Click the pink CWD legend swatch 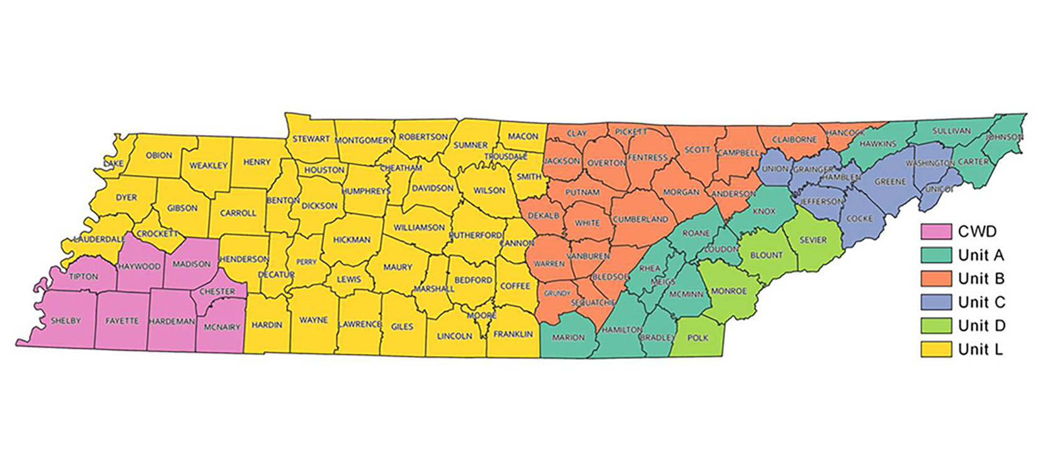[x=936, y=231]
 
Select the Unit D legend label [x=981, y=325]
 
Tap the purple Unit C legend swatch [x=936, y=302]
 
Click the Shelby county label [x=66, y=320]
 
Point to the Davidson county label [x=432, y=188]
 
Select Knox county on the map [x=763, y=211]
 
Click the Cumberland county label [x=640, y=219]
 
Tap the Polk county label [x=698, y=338]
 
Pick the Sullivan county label [x=951, y=131]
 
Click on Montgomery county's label [x=364, y=140]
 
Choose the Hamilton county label [x=621, y=329]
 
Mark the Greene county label [x=890, y=182]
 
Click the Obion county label [x=158, y=155]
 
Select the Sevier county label [x=813, y=240]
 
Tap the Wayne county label [x=313, y=320]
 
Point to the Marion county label [x=568, y=337]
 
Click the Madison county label [x=192, y=264]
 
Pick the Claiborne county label [x=794, y=140]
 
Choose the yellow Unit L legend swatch [x=936, y=349]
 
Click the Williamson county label [x=419, y=227]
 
